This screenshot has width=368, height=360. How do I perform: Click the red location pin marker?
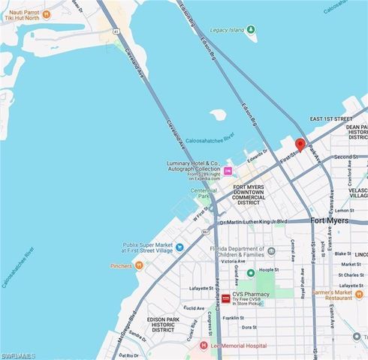(300, 145)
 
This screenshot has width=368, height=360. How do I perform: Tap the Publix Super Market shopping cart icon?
(179, 247)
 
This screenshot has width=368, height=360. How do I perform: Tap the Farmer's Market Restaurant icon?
(328, 297)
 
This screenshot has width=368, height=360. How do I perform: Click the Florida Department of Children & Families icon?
(251, 272)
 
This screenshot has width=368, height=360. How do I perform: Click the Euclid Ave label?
(194, 307)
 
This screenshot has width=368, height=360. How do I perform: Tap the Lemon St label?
(344, 211)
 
